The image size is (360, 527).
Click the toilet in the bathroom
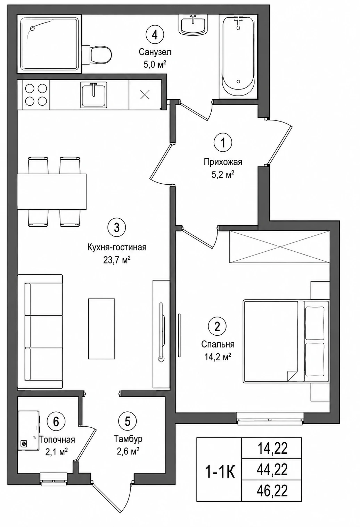click(96, 55)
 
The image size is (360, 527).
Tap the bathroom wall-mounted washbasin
click(193, 24)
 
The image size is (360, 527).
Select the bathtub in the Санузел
click(238, 57)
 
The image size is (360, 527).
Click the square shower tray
click(49, 44)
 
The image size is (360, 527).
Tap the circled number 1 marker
click(223, 142)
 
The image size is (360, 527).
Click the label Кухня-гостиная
click(117, 247)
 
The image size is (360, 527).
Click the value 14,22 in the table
click(272, 449)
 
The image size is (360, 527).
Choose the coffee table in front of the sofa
click(101, 329)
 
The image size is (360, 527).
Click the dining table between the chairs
click(52, 192)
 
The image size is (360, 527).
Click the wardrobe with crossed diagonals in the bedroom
click(279, 246)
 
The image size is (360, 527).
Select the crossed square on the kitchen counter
click(145, 94)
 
